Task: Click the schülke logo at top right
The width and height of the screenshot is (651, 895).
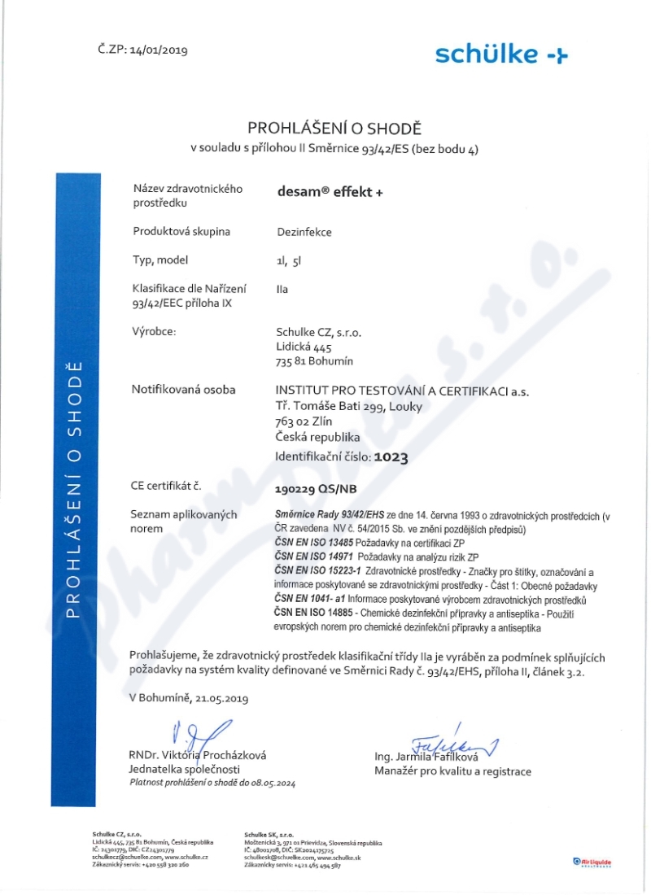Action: coord(501,55)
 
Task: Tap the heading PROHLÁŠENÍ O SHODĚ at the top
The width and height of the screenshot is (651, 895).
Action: coord(334,128)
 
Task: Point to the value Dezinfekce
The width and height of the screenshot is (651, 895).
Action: coord(304,232)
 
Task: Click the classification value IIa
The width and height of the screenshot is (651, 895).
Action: coord(282,289)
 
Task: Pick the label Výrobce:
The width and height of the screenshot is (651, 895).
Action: coord(154,332)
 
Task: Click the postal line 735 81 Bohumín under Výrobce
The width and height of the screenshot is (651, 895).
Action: coord(315,361)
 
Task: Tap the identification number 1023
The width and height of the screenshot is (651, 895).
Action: coord(391,457)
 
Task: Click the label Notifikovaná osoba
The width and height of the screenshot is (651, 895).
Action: coord(183,390)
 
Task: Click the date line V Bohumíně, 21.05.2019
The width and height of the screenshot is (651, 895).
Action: coord(189,698)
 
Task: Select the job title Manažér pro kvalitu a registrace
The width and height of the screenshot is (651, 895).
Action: coord(452,771)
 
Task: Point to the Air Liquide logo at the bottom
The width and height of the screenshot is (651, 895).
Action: coord(592,862)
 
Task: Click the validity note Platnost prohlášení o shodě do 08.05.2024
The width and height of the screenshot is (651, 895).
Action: coord(212,783)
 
